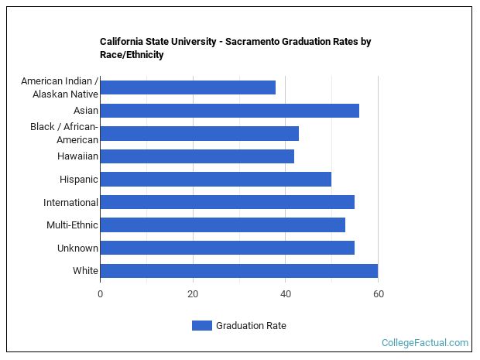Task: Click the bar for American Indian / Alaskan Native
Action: click(x=188, y=87)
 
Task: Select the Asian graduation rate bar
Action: click(x=229, y=111)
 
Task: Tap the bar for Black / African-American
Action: click(x=199, y=133)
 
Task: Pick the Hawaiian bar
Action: click(x=197, y=156)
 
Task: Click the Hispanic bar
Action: click(x=215, y=180)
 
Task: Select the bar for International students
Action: click(x=227, y=202)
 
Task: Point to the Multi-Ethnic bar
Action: click(x=222, y=225)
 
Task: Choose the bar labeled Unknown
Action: click(x=227, y=248)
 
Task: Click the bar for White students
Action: click(x=238, y=271)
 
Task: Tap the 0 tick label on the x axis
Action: click(x=100, y=294)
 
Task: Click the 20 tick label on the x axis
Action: click(x=193, y=294)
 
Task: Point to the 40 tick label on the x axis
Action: click(x=285, y=294)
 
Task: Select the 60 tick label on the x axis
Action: click(x=378, y=294)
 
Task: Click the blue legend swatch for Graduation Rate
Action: click(x=201, y=326)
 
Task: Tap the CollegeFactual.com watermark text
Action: click(x=424, y=343)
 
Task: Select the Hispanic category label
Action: click(x=79, y=180)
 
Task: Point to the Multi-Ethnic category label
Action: click(x=72, y=225)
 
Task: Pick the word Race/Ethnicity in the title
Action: click(x=132, y=55)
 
